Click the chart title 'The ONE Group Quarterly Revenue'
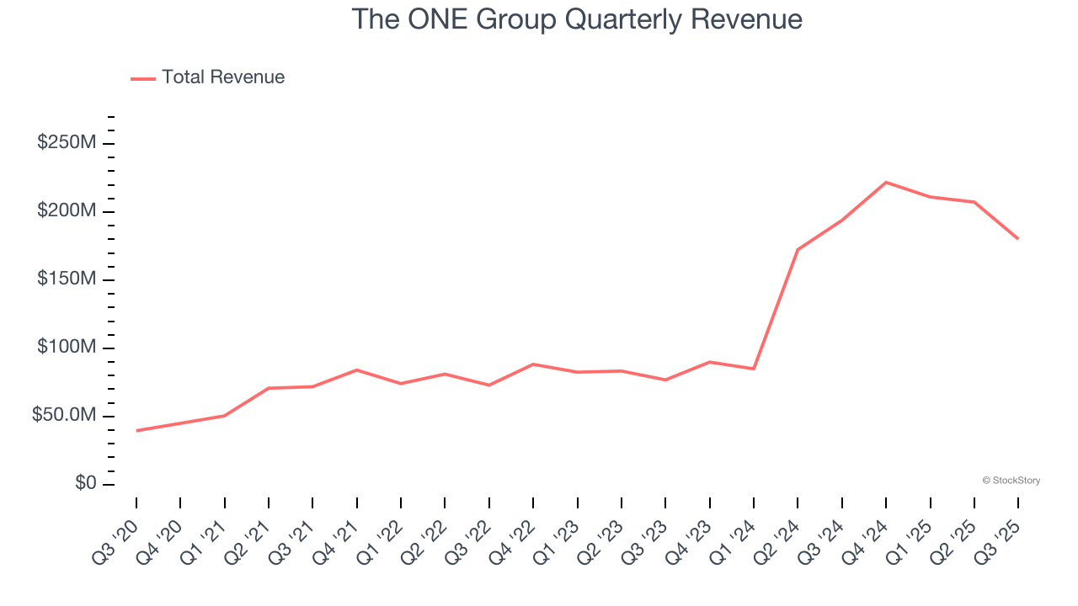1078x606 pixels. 576,19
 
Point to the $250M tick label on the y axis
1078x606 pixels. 67,143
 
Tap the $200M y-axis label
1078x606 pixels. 67,211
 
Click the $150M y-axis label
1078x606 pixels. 67,279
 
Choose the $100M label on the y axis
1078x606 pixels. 67,348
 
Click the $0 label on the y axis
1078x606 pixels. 84,484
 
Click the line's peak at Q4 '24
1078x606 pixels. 886,182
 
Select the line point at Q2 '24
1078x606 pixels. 798,250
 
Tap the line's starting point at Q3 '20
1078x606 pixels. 136,431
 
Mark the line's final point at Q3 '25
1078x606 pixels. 1017,238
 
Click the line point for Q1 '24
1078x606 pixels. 754,369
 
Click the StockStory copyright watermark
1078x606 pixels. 1011,481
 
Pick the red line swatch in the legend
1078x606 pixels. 143,78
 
